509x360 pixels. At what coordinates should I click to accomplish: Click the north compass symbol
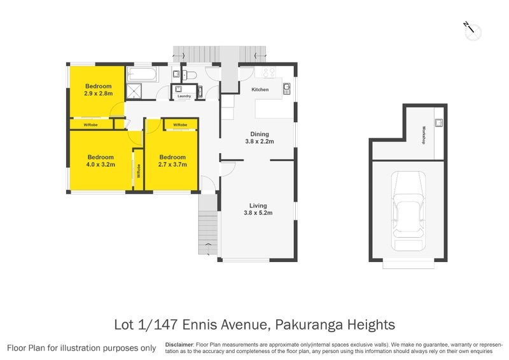click(x=472, y=31)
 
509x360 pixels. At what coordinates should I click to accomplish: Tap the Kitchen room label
click(x=260, y=89)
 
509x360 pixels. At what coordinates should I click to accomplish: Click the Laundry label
click(x=184, y=96)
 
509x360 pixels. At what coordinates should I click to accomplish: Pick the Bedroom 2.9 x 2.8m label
click(x=99, y=90)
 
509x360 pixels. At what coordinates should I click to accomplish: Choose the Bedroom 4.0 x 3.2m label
click(x=101, y=161)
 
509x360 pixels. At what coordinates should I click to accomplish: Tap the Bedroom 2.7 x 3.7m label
click(x=172, y=161)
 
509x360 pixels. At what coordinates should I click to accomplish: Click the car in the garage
click(x=408, y=211)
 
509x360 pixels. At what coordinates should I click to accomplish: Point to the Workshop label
click(x=424, y=135)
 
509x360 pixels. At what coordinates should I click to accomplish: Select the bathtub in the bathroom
click(x=142, y=74)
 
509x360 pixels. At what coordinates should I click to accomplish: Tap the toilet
click(x=189, y=75)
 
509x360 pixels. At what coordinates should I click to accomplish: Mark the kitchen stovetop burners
click(x=268, y=72)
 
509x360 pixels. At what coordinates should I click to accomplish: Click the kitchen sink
click(x=287, y=88)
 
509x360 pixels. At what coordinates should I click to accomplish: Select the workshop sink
click(x=438, y=122)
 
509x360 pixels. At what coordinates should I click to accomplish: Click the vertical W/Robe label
click(x=139, y=170)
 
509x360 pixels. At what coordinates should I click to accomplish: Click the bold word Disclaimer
click(x=179, y=345)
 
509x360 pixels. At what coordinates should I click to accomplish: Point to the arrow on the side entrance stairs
click(x=208, y=244)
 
